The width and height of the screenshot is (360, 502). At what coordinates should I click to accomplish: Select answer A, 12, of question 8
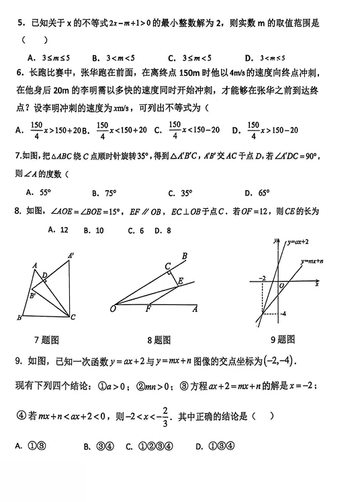coord(60,230)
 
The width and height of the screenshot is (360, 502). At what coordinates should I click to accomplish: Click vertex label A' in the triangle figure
coord(71,255)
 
